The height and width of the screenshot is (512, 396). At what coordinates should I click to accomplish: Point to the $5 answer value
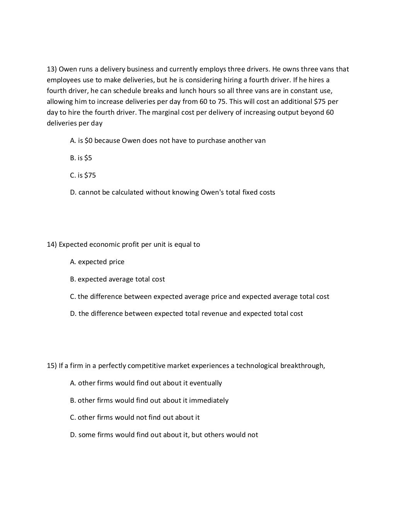tap(89, 158)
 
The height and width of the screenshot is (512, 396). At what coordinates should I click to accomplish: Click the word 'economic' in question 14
tap(104, 244)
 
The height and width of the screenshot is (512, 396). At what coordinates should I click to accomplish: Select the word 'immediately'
tap(209, 400)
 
